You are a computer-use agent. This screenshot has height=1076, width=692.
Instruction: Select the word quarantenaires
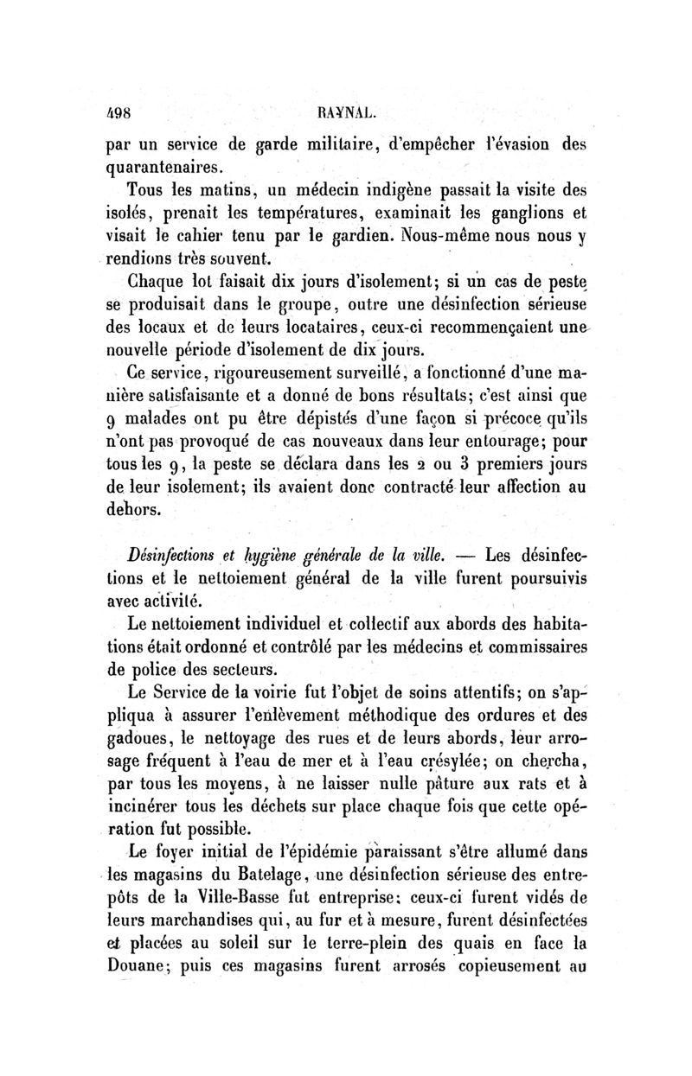coord(161,164)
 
